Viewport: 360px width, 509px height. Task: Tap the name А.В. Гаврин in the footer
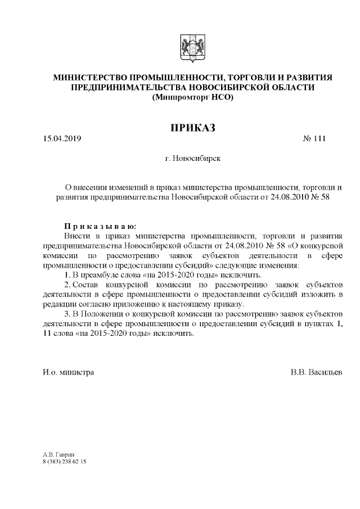(x=58, y=453)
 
